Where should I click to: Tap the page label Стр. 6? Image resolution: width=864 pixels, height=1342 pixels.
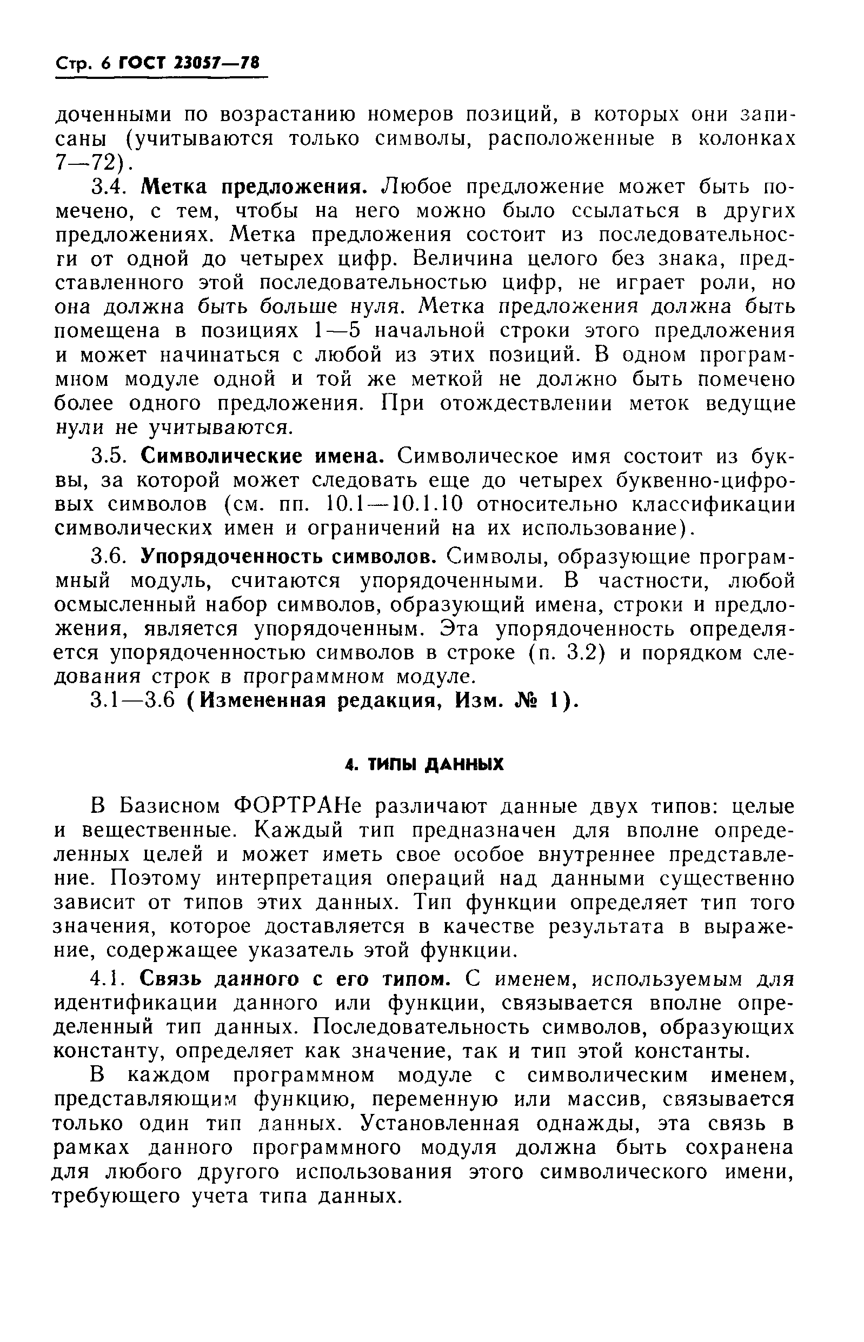point(83,63)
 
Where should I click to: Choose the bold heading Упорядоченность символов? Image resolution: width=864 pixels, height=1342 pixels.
point(289,556)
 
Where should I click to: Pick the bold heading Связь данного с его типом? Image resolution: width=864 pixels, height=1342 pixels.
point(295,979)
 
